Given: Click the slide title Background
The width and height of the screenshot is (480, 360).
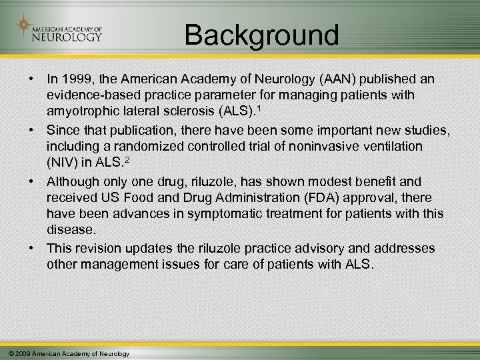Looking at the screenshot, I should pyautogui.click(x=261, y=35).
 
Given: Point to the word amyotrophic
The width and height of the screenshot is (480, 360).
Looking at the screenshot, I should pyautogui.click(x=80, y=110).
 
